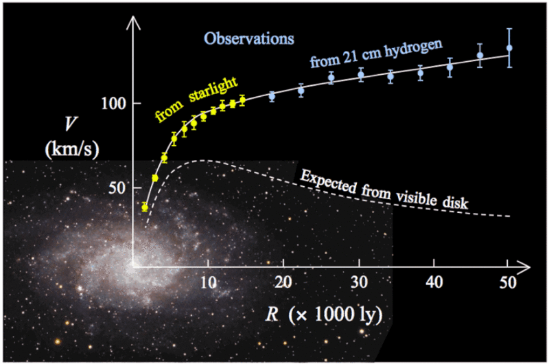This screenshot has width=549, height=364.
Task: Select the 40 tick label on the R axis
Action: coord(433,282)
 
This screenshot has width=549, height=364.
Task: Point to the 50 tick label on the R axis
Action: coord(509,282)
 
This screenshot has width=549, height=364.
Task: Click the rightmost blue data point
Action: coord(509,48)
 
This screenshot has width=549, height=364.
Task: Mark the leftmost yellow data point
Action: coord(145,207)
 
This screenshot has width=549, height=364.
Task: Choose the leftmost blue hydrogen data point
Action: coord(272,96)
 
